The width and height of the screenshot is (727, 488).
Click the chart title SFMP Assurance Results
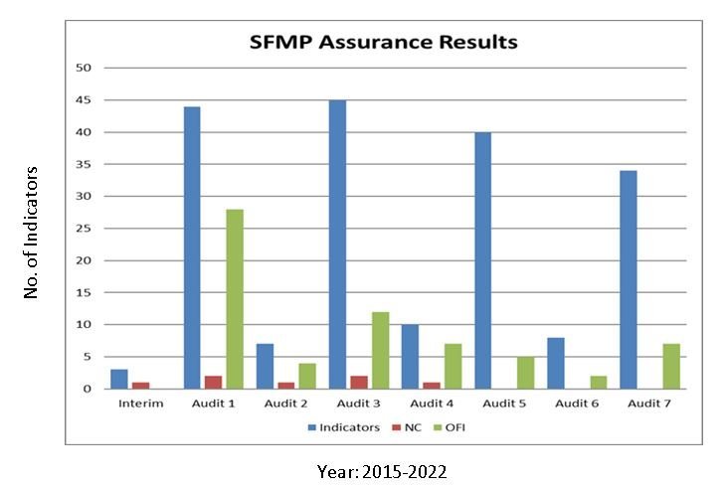pyautogui.click(x=383, y=43)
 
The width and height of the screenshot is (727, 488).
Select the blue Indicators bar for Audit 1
pyautogui.click(x=192, y=247)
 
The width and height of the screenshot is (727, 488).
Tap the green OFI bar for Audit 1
pyautogui.click(x=235, y=299)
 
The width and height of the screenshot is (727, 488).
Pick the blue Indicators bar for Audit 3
pyautogui.click(x=337, y=244)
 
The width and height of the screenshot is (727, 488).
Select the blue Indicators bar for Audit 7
pyautogui.click(x=628, y=279)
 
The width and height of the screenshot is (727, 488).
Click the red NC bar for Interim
pyautogui.click(x=140, y=386)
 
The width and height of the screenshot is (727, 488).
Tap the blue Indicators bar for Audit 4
pyautogui.click(x=410, y=357)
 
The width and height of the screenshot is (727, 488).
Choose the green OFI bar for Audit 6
pyautogui.click(x=598, y=383)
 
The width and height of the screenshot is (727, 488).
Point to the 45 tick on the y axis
pyautogui.click(x=84, y=100)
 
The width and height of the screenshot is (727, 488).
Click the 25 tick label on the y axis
pyautogui.click(x=84, y=229)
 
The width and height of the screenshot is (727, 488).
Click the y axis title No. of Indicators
pyautogui.click(x=31, y=232)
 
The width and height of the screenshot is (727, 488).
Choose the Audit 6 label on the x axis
pyautogui.click(x=576, y=404)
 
